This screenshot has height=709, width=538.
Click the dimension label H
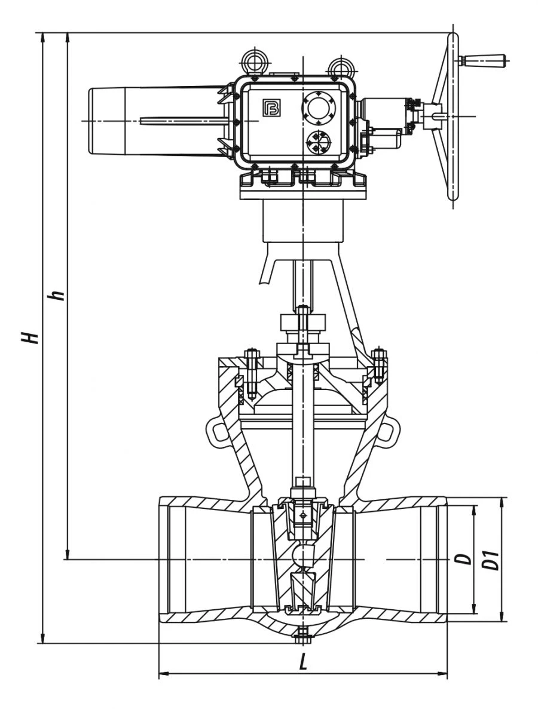(x=30, y=337)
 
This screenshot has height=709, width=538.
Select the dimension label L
(x=303, y=663)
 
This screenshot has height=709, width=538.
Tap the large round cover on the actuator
(x=319, y=109)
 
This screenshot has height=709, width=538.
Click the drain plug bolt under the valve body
(x=303, y=637)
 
